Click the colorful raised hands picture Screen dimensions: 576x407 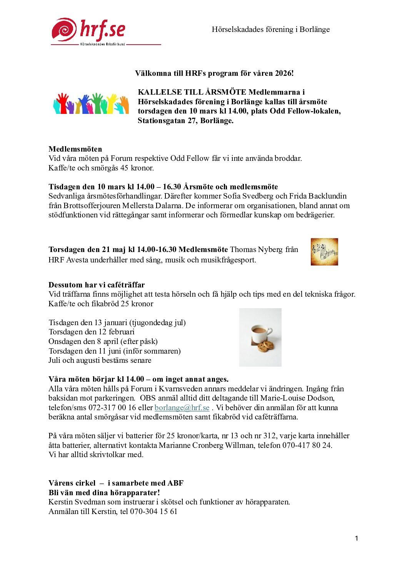tap(91, 104)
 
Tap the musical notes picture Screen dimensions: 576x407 tap(324, 252)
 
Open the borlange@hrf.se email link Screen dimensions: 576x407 tap(182, 408)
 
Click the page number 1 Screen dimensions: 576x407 tap(357, 538)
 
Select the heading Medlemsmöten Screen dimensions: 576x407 tap(75, 149)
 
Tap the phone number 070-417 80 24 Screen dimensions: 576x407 tap(305, 445)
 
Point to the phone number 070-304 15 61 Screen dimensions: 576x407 tap(153, 512)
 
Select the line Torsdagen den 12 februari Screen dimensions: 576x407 tap(92, 332)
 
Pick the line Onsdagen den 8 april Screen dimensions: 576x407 tap(103, 341)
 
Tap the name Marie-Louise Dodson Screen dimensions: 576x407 tap(297, 398)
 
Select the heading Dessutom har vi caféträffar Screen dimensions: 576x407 tap(97, 285)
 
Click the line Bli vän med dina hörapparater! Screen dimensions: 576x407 tap(104, 493)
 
